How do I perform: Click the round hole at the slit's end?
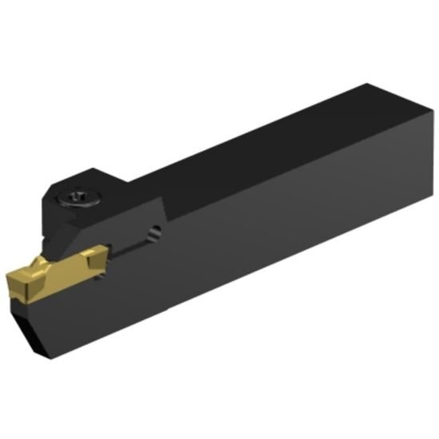155,231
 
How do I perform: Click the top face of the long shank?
263,148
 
